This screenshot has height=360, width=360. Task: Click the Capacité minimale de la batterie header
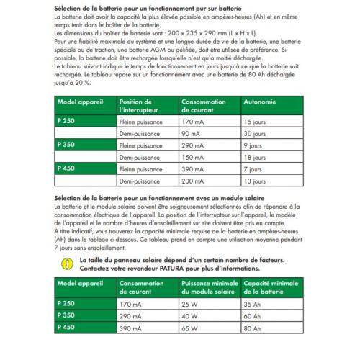click(x=273, y=287)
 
